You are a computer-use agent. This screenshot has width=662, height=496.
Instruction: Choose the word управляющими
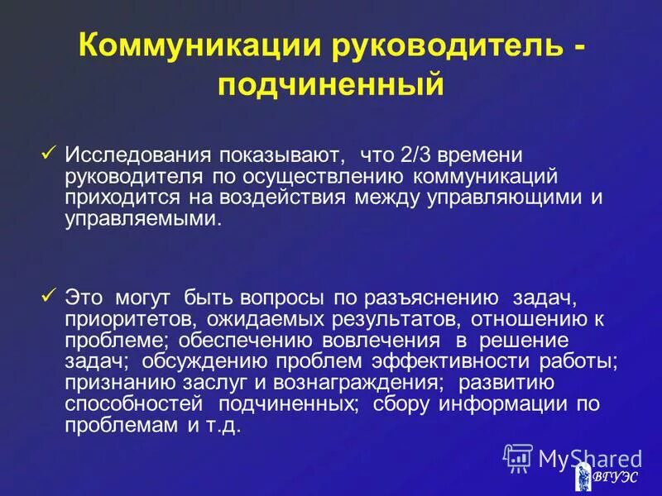click(497, 198)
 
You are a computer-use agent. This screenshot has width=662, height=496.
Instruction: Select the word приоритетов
click(119, 319)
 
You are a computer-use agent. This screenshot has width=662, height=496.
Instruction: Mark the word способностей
click(135, 405)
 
